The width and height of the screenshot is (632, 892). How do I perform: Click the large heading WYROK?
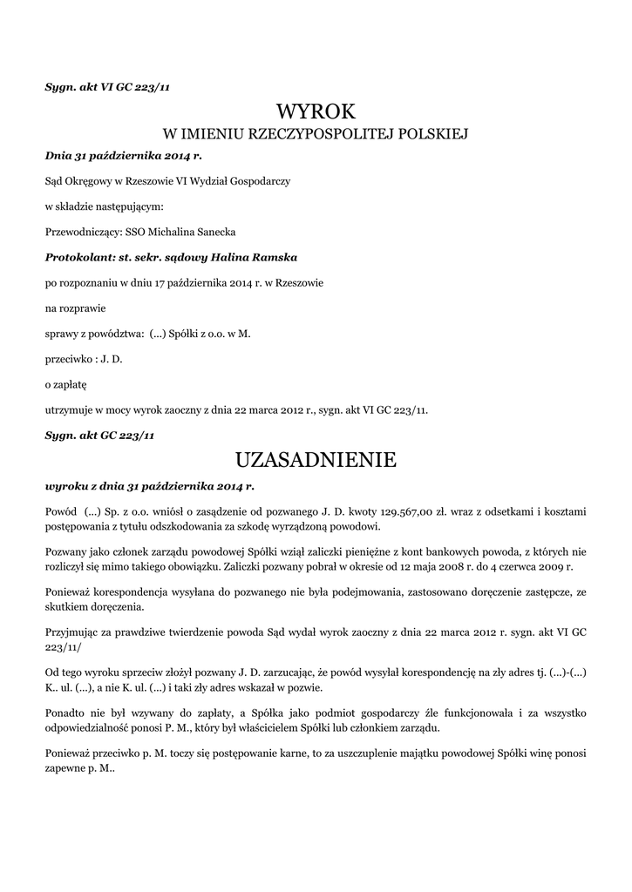point(316,111)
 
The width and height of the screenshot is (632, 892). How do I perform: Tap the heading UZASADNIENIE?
point(316,458)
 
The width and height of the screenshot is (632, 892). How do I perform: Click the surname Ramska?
point(274,258)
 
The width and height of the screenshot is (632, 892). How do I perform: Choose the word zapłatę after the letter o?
point(71,383)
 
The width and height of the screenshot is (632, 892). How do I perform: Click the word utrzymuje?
point(69,409)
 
